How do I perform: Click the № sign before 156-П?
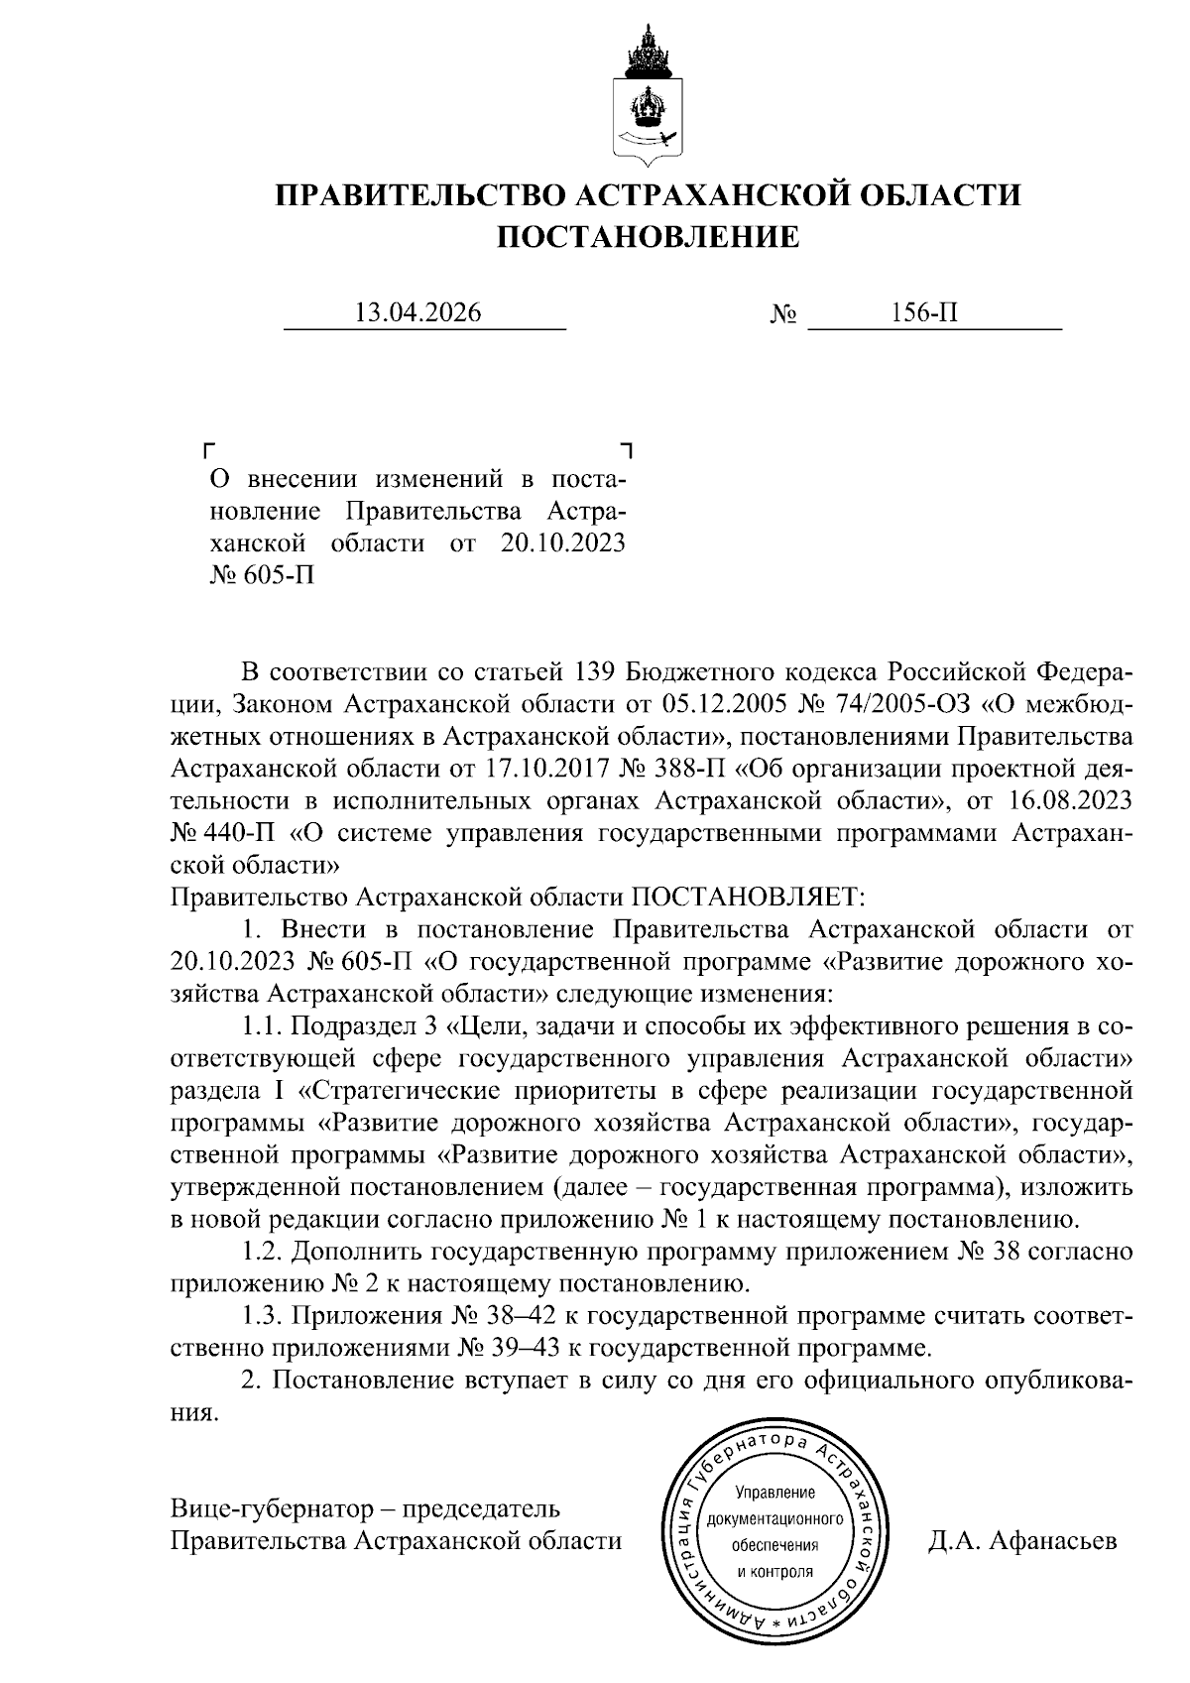coord(783,315)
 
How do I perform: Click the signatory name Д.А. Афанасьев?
coord(1022,1541)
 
